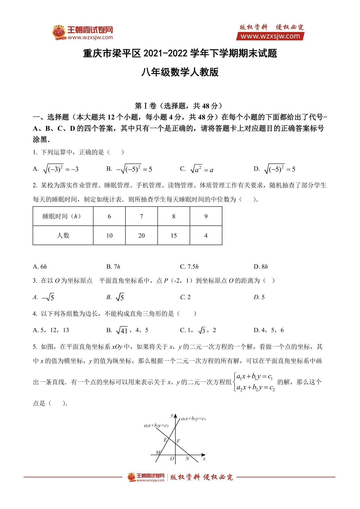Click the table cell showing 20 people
point(141,235)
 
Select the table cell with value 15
point(174,235)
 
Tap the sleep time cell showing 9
point(206,216)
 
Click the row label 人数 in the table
point(63,235)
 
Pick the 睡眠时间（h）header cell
point(63,216)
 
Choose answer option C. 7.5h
point(189,267)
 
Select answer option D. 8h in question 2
point(260,267)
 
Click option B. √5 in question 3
point(115,297)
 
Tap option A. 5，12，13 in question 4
point(51,330)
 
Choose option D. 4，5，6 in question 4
point(269,330)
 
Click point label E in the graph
point(165,440)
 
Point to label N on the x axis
point(187,459)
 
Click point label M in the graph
point(158,452)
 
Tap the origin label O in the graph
point(172,459)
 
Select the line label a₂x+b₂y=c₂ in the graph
point(156,426)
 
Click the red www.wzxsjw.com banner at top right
point(270,36)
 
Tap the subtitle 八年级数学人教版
point(180,72)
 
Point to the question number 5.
point(35,347)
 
